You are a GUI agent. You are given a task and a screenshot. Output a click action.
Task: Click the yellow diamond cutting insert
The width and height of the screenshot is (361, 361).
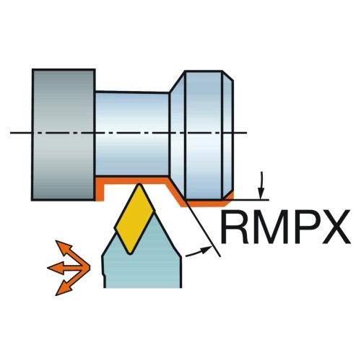point(135,219)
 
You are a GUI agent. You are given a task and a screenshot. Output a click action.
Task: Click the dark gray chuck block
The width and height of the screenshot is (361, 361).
point(64,135)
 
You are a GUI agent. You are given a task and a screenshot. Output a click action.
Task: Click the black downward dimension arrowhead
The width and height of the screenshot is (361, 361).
point(260,194)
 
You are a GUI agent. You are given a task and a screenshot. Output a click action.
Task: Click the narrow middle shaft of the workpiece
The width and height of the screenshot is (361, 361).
point(132,134)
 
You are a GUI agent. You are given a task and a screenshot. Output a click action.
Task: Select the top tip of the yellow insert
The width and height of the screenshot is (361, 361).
point(139,184)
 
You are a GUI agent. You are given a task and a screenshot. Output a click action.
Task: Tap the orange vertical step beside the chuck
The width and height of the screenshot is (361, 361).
point(100,190)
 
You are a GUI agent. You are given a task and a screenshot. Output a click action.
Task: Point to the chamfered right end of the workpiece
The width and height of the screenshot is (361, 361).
point(228,135)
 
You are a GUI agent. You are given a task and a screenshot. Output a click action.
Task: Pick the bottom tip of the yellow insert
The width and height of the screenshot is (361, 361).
point(130,253)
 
